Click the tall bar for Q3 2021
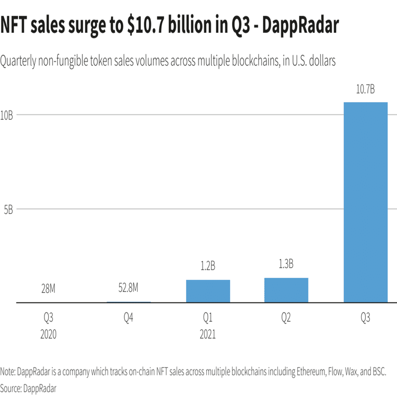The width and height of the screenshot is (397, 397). (365, 202)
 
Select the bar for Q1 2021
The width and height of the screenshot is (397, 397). (208, 291)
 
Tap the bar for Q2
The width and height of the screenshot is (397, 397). (286, 290)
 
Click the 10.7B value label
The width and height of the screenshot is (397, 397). (365, 90)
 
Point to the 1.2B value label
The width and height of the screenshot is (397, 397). (208, 267)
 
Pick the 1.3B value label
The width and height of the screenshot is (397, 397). (286, 264)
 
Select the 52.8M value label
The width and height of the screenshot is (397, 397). (128, 289)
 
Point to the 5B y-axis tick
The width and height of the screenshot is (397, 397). (7, 209)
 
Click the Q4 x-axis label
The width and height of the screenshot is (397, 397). (128, 318)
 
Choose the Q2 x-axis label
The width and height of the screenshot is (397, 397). (286, 318)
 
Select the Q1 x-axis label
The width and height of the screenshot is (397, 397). (208, 318)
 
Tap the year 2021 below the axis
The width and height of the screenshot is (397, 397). (208, 335)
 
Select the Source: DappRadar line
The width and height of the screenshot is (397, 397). (28, 388)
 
